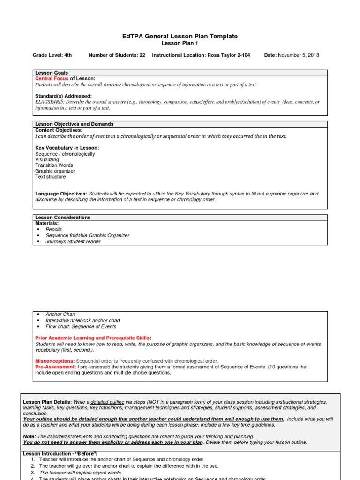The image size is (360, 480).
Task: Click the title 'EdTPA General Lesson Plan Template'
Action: [x=180, y=36]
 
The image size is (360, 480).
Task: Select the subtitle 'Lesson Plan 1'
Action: [x=180, y=43]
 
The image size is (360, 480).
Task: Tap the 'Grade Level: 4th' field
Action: [x=52, y=55]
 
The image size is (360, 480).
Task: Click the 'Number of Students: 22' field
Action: [x=117, y=55]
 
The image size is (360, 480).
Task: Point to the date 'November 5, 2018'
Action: [x=299, y=55]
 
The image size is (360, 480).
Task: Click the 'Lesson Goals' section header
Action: [x=52, y=73]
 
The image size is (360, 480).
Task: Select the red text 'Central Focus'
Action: [x=52, y=79]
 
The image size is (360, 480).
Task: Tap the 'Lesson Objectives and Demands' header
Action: [x=74, y=124]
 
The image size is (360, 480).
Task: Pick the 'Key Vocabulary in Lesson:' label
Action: [x=67, y=148]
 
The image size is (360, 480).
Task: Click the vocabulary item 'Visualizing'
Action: [x=47, y=159]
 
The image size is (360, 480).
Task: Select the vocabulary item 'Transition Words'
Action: [x=54, y=165]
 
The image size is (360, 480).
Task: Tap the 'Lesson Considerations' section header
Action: [x=63, y=217]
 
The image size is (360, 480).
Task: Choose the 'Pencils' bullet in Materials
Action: [x=53, y=229]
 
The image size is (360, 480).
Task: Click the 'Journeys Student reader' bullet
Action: [x=73, y=241]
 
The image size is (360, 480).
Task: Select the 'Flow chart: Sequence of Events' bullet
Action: [x=81, y=326]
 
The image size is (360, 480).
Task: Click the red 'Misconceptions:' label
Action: [x=55, y=361]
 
